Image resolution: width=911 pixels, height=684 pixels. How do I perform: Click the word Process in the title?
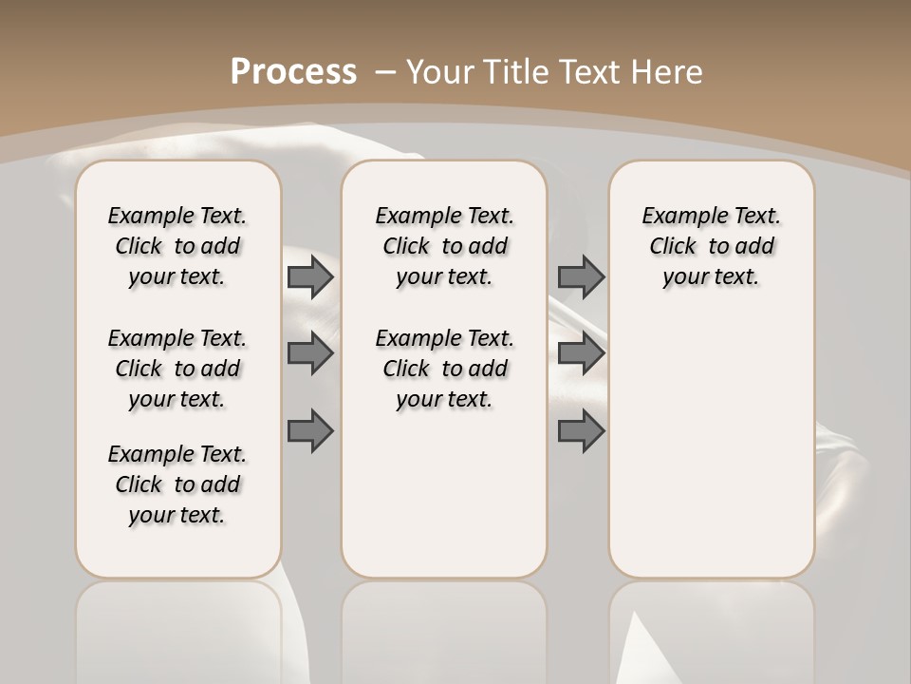pyautogui.click(x=293, y=71)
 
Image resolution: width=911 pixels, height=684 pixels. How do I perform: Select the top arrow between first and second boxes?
pyautogui.click(x=310, y=277)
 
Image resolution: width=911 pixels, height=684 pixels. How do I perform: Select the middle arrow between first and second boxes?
pyautogui.click(x=310, y=353)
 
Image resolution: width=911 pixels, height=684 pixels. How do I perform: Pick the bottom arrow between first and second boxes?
pyautogui.click(x=310, y=431)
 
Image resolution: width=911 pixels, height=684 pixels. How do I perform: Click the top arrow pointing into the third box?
pyautogui.click(x=581, y=277)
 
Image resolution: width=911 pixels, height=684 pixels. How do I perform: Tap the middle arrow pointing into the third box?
pyautogui.click(x=581, y=353)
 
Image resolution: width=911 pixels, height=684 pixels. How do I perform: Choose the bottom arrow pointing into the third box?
pyautogui.click(x=581, y=431)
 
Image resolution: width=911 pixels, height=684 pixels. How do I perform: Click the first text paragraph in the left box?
pyautogui.click(x=177, y=246)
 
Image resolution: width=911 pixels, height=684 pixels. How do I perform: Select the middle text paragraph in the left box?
pyautogui.click(x=177, y=369)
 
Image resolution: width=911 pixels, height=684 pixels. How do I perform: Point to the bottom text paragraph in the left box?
pyautogui.click(x=177, y=484)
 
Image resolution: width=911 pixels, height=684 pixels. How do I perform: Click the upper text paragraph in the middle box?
pyautogui.click(x=444, y=246)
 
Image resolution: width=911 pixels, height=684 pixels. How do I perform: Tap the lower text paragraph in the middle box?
pyautogui.click(x=444, y=369)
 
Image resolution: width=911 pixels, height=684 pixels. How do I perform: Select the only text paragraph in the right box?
pyautogui.click(x=711, y=246)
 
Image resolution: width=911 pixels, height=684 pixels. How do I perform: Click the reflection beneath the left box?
pyautogui.click(x=177, y=627)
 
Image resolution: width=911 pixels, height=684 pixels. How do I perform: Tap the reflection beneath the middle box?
pyautogui.click(x=444, y=627)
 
